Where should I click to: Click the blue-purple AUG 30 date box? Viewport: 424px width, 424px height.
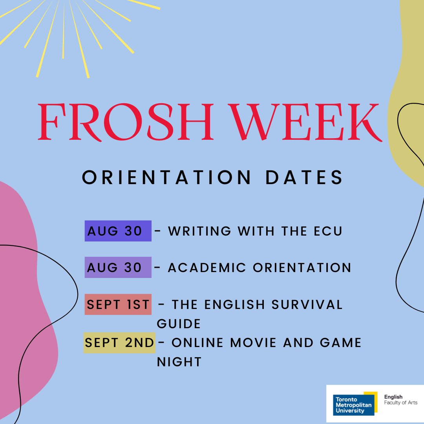[x=118, y=231]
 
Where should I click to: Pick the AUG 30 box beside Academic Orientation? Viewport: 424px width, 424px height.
[x=118, y=267]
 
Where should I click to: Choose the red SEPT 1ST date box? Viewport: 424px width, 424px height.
[x=118, y=304]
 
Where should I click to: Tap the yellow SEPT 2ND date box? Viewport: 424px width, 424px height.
[x=119, y=342]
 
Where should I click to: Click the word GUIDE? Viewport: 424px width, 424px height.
[x=179, y=323]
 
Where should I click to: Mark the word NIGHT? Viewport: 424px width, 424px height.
[x=179, y=362]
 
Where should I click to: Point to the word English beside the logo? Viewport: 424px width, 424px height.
[x=393, y=397]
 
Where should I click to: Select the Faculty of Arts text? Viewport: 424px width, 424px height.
[x=400, y=403]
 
